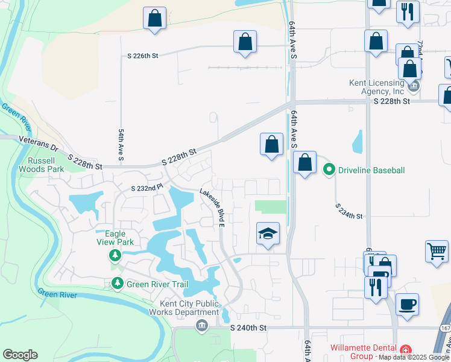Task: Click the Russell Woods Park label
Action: click(x=46, y=165)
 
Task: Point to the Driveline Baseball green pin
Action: click(x=329, y=171)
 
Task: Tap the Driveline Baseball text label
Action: click(x=371, y=171)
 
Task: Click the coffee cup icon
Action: click(x=407, y=303)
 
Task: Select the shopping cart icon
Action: click(x=436, y=250)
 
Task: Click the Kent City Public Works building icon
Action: click(x=201, y=326)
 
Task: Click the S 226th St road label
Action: click(x=142, y=56)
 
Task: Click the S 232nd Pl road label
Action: click(x=147, y=188)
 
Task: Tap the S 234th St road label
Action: click(x=349, y=212)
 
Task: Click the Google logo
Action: click(x=20, y=355)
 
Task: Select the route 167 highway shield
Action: click(x=445, y=343)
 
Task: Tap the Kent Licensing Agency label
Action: click(x=376, y=87)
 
